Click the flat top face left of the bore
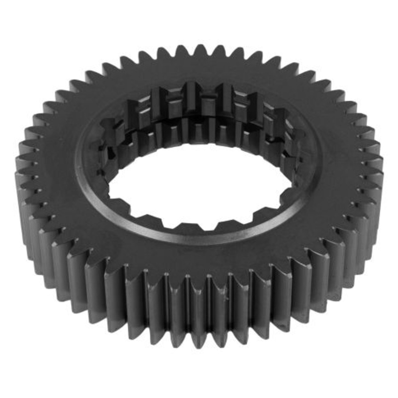pos(55,164)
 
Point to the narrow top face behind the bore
pos(199,72)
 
